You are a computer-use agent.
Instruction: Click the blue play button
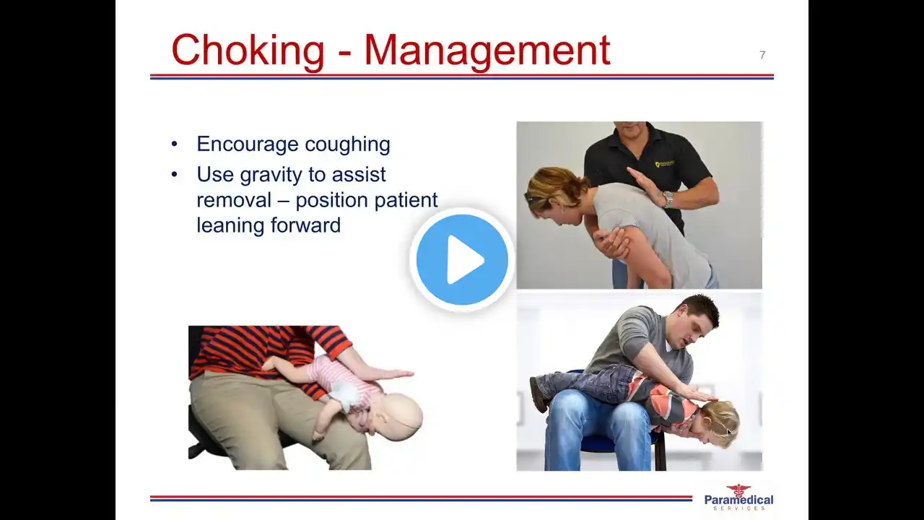pos(462,259)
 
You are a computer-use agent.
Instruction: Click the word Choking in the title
pos(248,51)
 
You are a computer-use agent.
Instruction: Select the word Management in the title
pos(487,51)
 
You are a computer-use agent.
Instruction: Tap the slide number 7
pos(762,55)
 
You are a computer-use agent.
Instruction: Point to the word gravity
pos(271,175)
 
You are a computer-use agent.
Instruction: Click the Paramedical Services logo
pos(738,497)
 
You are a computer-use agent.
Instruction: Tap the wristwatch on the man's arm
pos(668,199)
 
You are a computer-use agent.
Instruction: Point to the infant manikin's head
pos(400,416)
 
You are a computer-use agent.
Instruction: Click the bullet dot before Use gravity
pos(175,175)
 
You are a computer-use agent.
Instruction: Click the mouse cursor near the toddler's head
pos(728,432)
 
